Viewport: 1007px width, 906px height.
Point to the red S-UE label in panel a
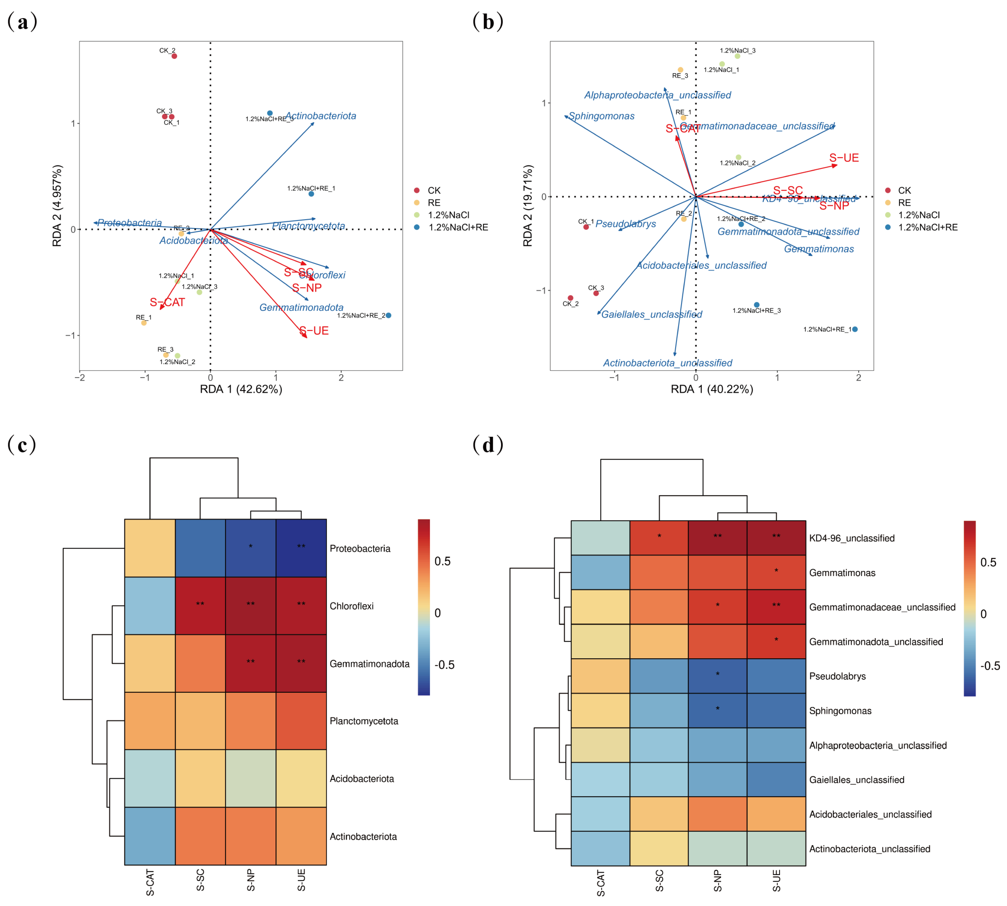pos(314,331)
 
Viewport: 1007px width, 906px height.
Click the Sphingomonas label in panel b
pos(602,116)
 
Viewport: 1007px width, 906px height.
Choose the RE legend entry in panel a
pos(433,203)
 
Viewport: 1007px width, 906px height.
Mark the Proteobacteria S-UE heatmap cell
pos(301,548)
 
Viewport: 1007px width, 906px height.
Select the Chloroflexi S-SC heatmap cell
pos(200,605)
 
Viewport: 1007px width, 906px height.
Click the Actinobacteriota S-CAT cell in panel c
pos(150,836)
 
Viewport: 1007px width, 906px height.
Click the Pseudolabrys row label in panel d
pos(837,676)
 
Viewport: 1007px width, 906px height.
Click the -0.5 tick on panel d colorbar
pos(990,666)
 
